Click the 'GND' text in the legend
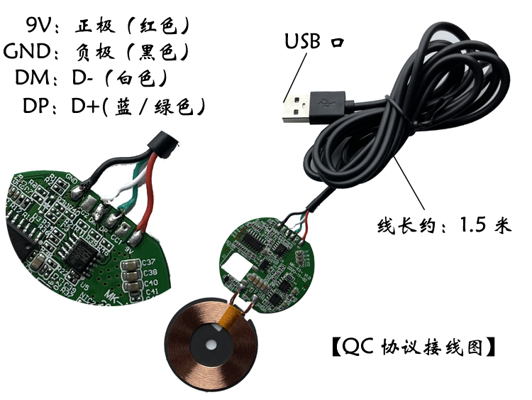27,51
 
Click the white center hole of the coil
211,345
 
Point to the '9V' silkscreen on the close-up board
130,250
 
